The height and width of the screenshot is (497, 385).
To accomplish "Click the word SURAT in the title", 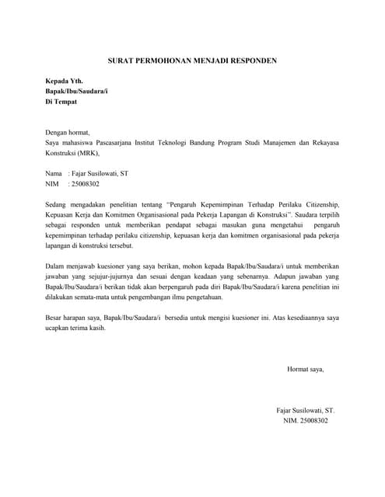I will (120, 60).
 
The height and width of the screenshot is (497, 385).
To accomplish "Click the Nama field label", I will (54, 174).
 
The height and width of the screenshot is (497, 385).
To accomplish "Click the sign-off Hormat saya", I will (305, 369).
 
